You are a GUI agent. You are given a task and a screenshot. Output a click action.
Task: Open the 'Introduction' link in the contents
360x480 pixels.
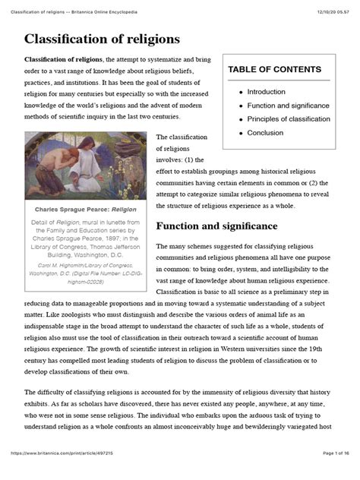coord(266,91)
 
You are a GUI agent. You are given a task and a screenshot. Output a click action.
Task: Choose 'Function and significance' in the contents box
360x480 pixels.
coord(289,105)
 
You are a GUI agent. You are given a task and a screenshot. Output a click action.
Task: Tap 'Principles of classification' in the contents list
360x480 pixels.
coord(289,119)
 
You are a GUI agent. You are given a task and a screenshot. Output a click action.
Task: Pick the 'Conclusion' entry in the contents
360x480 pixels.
coord(266,133)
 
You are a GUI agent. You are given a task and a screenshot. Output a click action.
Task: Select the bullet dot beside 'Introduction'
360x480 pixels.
coord(241,91)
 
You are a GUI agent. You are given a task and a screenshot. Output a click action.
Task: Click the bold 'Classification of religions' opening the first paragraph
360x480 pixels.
coord(64,59)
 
